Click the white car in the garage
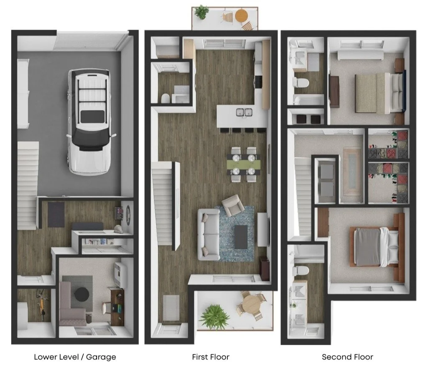(x=89, y=122)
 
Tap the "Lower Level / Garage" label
(x=75, y=357)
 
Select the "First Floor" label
(x=211, y=357)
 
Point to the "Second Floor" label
(x=347, y=357)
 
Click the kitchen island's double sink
(x=244, y=112)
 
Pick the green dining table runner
(x=244, y=165)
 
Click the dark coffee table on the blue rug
(x=241, y=237)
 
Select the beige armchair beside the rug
(x=233, y=205)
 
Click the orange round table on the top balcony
(x=241, y=15)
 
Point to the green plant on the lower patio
(x=214, y=317)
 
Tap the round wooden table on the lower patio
(x=251, y=304)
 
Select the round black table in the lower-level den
(x=82, y=294)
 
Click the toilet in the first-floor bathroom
(x=166, y=98)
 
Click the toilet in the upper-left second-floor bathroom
(x=301, y=82)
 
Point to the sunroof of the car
(x=92, y=116)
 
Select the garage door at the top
(x=91, y=41)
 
